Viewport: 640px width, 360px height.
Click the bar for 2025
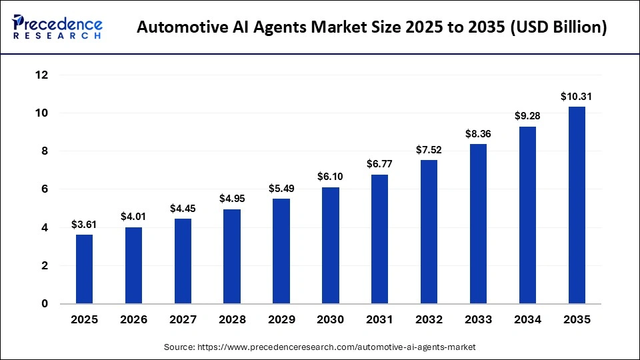click(84, 269)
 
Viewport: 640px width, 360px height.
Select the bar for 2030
click(330, 245)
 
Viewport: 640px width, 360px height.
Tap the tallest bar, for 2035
click(576, 205)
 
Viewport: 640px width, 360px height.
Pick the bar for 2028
click(231, 257)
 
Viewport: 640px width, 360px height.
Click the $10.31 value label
click(576, 97)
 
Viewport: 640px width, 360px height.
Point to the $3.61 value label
click(84, 225)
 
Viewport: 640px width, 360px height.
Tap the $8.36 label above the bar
click(478, 134)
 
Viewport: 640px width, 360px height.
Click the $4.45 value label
click(182, 209)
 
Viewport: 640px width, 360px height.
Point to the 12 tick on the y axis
click(41, 75)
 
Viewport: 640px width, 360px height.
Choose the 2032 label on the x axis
click(429, 320)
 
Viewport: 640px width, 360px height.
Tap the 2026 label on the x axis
click(133, 320)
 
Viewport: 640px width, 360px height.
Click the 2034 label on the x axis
click(527, 320)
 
